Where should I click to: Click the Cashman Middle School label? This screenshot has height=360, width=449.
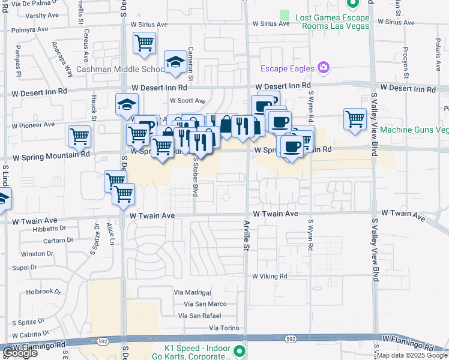tap(120, 70)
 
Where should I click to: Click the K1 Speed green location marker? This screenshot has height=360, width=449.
tap(240, 350)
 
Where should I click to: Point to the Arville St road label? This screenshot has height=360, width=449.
tap(246, 235)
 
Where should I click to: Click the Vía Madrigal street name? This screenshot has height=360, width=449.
tap(192, 292)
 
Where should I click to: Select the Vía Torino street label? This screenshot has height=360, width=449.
tap(224, 328)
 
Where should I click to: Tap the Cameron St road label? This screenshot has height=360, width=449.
tap(190, 65)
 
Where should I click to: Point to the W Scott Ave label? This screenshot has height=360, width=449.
tap(187, 101)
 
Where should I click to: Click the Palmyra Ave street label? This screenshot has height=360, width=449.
tap(30, 29)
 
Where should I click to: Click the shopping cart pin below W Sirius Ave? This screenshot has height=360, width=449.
tap(144, 44)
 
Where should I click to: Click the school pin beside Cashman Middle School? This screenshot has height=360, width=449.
tap(175, 62)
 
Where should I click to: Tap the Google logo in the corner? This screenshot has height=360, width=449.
tap(20, 353)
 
